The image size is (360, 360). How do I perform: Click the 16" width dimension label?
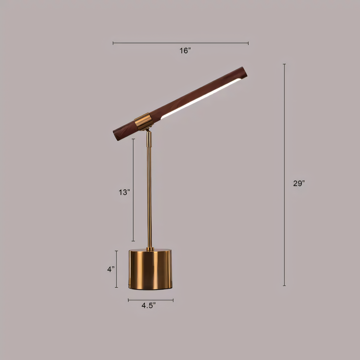coord(185,51)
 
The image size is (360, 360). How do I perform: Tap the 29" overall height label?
coord(299,183)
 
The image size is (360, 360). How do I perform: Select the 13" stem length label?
coord(124,192)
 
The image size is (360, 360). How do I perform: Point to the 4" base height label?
coord(111,269)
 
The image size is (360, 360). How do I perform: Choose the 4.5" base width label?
coord(149,305)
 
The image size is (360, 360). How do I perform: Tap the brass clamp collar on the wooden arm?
coord(143,121)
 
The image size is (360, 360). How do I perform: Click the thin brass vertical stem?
coord(149,191)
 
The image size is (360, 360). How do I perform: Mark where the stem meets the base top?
coord(150,249)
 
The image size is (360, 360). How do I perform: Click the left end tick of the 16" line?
coord(113,43)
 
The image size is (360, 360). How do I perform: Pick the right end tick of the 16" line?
coord(248,43)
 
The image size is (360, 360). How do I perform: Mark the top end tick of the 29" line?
coord(284,64)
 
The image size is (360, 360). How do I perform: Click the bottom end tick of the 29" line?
coord(284,286)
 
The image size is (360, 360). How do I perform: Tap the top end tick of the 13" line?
coord(133,139)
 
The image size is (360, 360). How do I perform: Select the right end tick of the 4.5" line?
coord(173,300)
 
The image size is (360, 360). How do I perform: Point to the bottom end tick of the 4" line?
coord(116,287)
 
